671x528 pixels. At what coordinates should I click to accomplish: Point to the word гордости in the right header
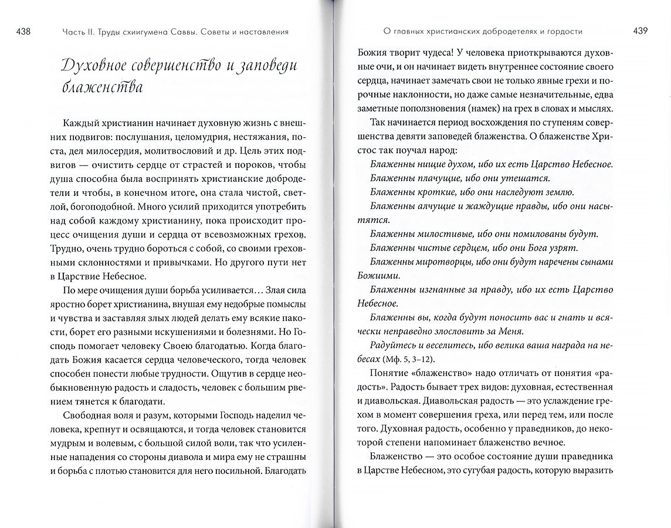tap(566, 31)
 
